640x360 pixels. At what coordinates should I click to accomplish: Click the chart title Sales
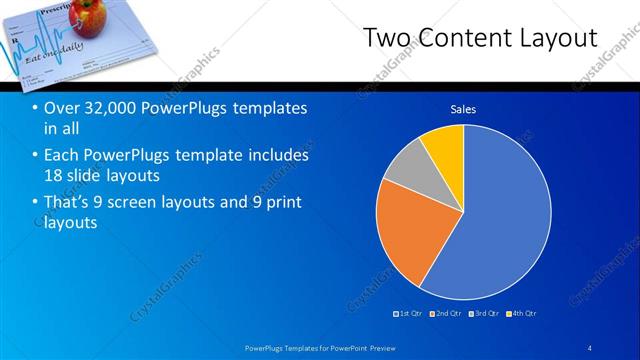click(x=463, y=109)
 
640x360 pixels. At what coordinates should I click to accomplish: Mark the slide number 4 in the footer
click(x=590, y=347)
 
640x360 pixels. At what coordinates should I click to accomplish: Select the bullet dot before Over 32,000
click(x=35, y=108)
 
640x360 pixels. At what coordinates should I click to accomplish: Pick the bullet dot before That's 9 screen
click(x=35, y=203)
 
